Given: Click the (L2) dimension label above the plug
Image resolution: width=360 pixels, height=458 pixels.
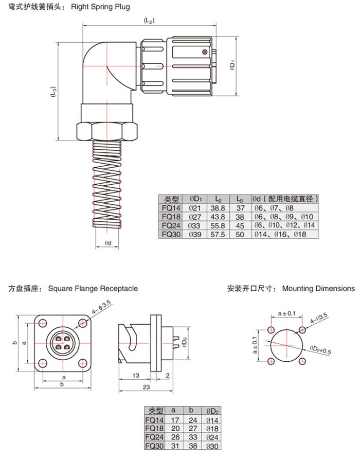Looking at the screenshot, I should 149,21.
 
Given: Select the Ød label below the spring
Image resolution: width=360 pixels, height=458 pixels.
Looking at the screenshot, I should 108,242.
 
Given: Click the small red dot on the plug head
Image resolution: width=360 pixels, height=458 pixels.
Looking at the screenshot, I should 204,52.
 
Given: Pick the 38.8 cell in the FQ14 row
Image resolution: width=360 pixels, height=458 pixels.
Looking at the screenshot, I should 218,208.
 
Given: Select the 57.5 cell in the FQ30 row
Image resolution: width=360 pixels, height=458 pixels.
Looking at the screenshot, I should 218,233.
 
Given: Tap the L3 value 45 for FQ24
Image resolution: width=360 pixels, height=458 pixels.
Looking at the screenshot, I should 239,225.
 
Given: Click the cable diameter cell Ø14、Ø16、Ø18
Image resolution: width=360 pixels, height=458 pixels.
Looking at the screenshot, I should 279,233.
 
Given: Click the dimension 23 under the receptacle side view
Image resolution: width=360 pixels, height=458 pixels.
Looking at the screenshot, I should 147,386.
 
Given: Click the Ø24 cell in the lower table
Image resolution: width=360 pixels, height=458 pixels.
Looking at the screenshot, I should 212,436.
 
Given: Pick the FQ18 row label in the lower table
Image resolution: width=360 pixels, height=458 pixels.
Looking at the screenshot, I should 155,428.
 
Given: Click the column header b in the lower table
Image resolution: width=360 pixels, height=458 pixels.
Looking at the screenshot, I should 191,411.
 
